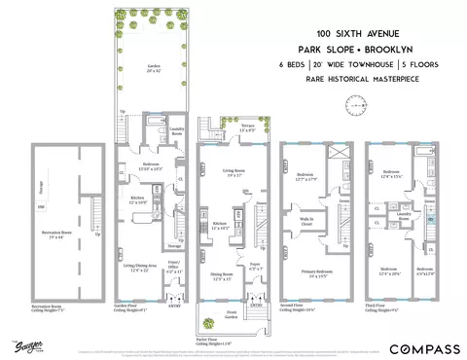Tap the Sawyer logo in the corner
click(x=20, y=343)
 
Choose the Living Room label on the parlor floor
click(x=233, y=174)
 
